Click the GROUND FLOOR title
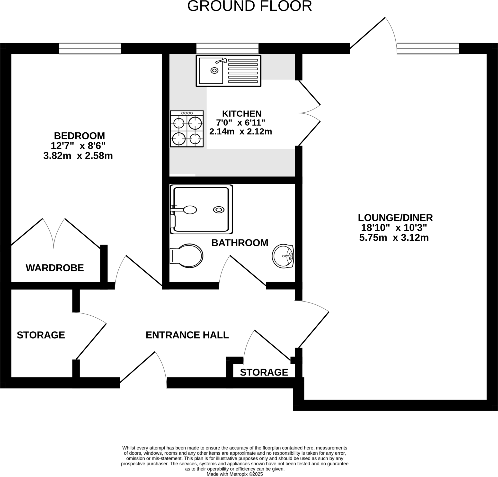point(249,6)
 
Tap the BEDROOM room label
point(79,136)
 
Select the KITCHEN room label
point(242,114)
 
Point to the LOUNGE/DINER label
point(395,218)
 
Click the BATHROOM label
point(240,243)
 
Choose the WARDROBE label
point(55,268)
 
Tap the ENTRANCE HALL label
point(187,335)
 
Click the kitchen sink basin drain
point(214,70)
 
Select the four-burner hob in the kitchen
point(187,129)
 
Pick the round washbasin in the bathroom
point(283,256)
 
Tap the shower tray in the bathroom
point(201,209)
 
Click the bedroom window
point(90,49)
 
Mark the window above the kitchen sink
point(227,49)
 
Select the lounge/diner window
point(428,49)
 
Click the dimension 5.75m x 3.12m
point(394,238)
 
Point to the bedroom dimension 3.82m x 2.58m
point(78,156)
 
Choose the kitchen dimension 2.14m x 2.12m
point(241,132)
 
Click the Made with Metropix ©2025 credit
point(234,474)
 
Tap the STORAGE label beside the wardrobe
point(41,335)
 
